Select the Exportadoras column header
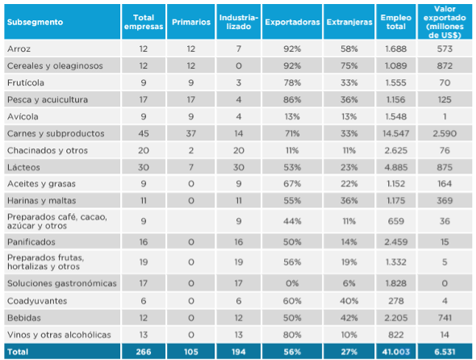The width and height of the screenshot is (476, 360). [x=292, y=23]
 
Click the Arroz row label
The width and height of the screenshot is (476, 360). [x=19, y=48]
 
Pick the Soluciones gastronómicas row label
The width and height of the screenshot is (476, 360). [x=61, y=283]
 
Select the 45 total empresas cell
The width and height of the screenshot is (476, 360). [x=143, y=133]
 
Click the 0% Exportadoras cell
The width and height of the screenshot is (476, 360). [x=292, y=283]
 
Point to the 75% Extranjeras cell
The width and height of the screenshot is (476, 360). [x=348, y=65]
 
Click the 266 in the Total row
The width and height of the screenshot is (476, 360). [x=143, y=351]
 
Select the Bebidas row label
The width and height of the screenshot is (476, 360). [x=23, y=317]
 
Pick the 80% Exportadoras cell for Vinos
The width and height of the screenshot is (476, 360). [x=292, y=334]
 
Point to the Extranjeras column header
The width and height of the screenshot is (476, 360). [x=348, y=23]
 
